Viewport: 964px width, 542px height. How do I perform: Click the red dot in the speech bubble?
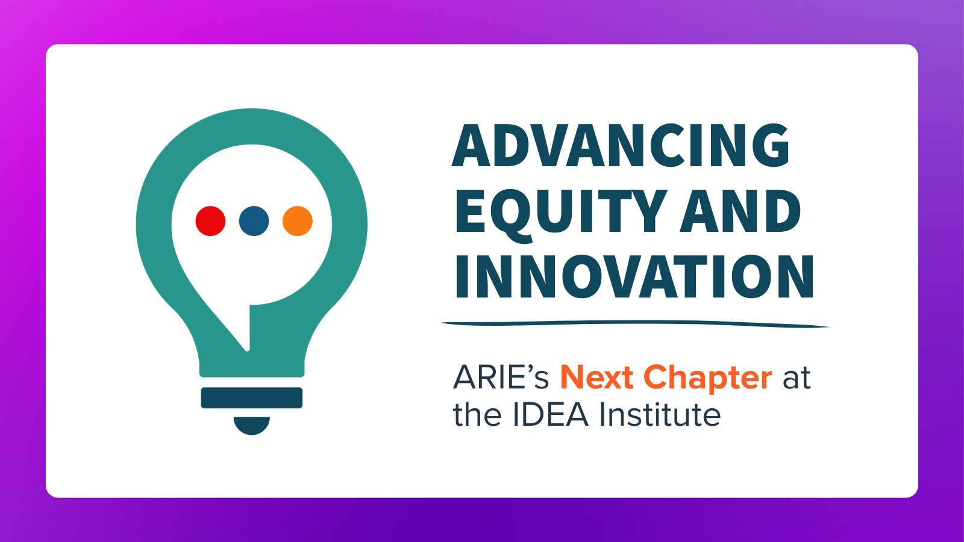[210, 221]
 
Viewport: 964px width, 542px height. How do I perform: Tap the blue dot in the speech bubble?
[254, 221]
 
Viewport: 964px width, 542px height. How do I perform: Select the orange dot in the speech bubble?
[298, 221]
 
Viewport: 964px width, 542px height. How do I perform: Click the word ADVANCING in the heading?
[621, 145]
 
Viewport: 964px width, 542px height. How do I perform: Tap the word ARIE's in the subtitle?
[501, 377]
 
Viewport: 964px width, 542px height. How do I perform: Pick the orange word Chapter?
[708, 379]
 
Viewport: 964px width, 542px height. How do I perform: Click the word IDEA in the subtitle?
[551, 414]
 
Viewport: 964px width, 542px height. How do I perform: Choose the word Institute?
[660, 414]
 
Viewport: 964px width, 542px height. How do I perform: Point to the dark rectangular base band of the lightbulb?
[252, 398]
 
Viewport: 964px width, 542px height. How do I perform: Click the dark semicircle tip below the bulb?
[252, 425]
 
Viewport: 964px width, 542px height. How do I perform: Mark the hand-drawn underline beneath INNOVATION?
[636, 323]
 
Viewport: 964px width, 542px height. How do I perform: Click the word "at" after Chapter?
[797, 379]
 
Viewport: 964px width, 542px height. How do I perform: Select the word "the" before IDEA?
[477, 414]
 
